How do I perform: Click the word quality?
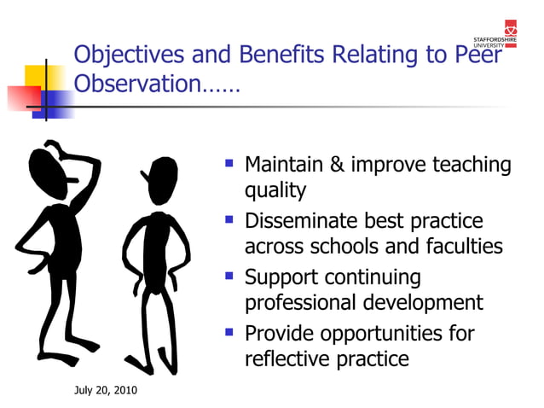point(275,191)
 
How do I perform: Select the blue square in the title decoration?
point(58,103)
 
